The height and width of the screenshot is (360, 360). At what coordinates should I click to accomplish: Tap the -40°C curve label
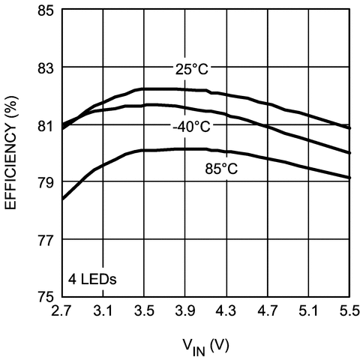190,127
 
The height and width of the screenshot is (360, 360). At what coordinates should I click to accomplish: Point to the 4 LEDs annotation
94,280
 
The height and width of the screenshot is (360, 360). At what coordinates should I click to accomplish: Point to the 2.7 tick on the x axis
62,310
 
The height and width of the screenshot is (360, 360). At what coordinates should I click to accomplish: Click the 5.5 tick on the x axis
347,310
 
